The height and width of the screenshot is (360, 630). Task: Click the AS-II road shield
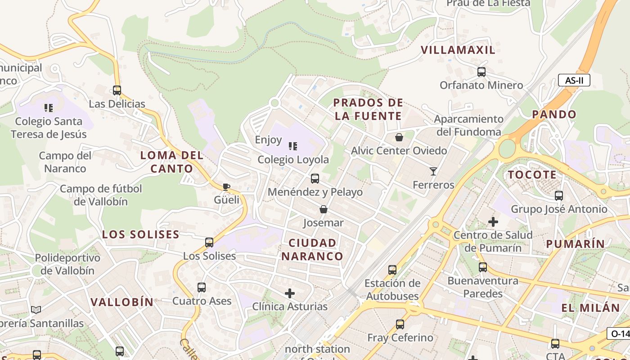tap(574, 81)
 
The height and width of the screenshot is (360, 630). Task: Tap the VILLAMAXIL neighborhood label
tap(458, 50)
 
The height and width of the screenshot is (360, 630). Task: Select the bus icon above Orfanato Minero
tap(481, 72)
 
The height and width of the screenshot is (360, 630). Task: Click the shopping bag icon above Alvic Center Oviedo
tap(399, 137)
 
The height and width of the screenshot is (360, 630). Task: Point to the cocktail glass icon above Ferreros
tap(433, 171)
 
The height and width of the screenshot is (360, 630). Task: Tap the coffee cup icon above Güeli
tap(226, 187)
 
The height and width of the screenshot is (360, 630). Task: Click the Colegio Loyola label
tap(293, 160)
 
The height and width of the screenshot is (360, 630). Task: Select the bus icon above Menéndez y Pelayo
tap(315, 179)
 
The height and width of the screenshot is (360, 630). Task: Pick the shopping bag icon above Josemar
tap(323, 209)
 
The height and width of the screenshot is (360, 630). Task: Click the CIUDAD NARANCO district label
tap(312, 250)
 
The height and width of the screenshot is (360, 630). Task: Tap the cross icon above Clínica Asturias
tap(290, 293)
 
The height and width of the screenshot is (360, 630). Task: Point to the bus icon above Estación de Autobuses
tap(392, 270)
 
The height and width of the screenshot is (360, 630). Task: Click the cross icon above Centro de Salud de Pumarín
tap(493, 221)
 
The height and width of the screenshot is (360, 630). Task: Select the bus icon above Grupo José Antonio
tap(559, 196)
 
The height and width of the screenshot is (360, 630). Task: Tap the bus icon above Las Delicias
tap(117, 90)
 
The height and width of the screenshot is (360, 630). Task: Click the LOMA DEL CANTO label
tap(172, 162)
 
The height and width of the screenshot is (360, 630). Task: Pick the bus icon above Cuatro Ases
tap(202, 288)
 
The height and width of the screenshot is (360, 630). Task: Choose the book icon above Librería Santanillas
tap(36, 310)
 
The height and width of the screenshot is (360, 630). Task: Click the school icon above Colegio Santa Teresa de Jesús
tap(48, 108)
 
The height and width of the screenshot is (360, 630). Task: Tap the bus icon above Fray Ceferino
tap(400, 324)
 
